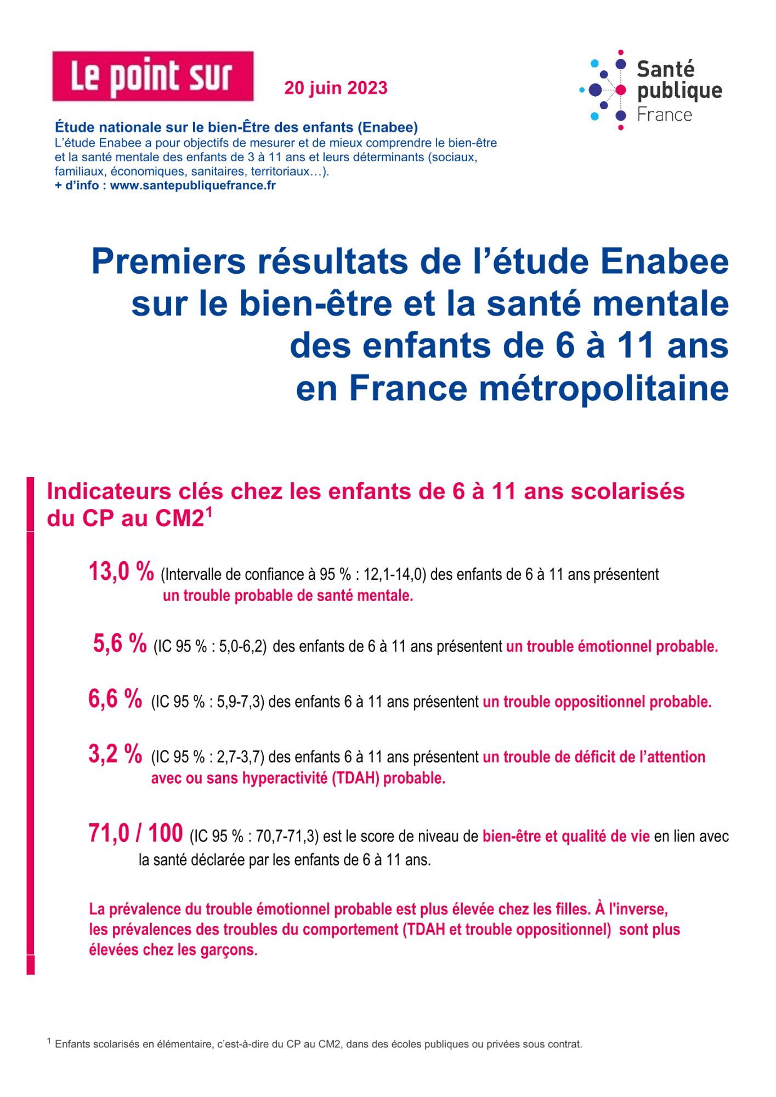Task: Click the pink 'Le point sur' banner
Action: pyautogui.click(x=152, y=76)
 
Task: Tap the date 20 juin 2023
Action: pyautogui.click(x=336, y=88)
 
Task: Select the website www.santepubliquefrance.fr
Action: pyautogui.click(x=192, y=185)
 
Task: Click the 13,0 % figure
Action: pyautogui.click(x=121, y=572)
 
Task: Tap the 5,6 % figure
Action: pyautogui.click(x=120, y=643)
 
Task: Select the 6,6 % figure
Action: pyautogui.click(x=115, y=699)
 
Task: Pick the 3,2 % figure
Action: pyautogui.click(x=115, y=754)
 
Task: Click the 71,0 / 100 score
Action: pyautogui.click(x=135, y=834)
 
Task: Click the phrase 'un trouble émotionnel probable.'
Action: pyautogui.click(x=611, y=647)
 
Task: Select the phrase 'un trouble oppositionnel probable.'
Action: pyautogui.click(x=597, y=702)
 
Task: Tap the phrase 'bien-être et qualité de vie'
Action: pyautogui.click(x=566, y=836)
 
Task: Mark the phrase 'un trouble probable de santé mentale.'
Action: pyautogui.click(x=288, y=596)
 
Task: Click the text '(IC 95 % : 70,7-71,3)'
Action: pyautogui.click(x=254, y=836)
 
